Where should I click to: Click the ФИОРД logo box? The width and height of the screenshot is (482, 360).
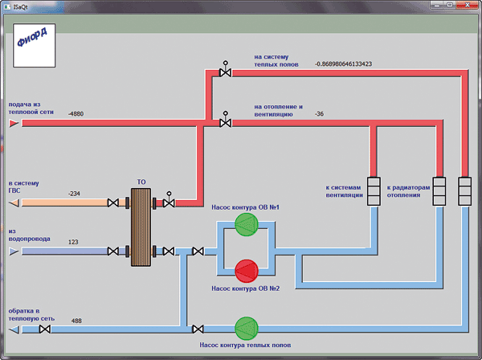point(34,45)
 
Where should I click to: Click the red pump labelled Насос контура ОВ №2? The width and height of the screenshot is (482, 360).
point(247,271)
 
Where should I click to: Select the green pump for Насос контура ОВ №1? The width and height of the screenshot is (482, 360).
point(247,225)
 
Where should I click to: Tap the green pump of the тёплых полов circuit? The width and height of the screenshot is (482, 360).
point(247,329)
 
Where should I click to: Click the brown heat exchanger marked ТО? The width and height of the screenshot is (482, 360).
point(141,227)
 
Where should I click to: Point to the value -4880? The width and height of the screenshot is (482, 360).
point(76,114)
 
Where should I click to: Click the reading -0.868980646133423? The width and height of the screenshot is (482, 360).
point(343,64)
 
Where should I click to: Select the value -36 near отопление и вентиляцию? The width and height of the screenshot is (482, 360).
point(319,114)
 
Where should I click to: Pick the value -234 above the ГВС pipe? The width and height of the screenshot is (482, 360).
point(74,194)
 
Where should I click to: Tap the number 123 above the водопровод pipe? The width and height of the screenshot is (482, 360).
point(73,242)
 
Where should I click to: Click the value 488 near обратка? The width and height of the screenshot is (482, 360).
point(76,321)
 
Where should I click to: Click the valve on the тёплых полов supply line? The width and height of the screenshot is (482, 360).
point(225,70)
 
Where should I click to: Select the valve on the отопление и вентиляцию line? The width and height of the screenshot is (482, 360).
point(225,121)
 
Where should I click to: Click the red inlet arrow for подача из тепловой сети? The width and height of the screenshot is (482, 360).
point(14,124)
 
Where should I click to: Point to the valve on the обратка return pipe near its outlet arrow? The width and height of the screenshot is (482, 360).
point(45,329)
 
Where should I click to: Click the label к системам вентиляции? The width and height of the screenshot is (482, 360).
point(345,191)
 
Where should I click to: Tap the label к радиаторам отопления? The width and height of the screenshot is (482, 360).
point(408,191)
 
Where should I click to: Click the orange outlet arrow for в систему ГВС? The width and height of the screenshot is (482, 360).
point(14,203)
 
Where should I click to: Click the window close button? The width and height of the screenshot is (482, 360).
point(467,5)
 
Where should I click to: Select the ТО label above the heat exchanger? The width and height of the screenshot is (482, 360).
point(141,182)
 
